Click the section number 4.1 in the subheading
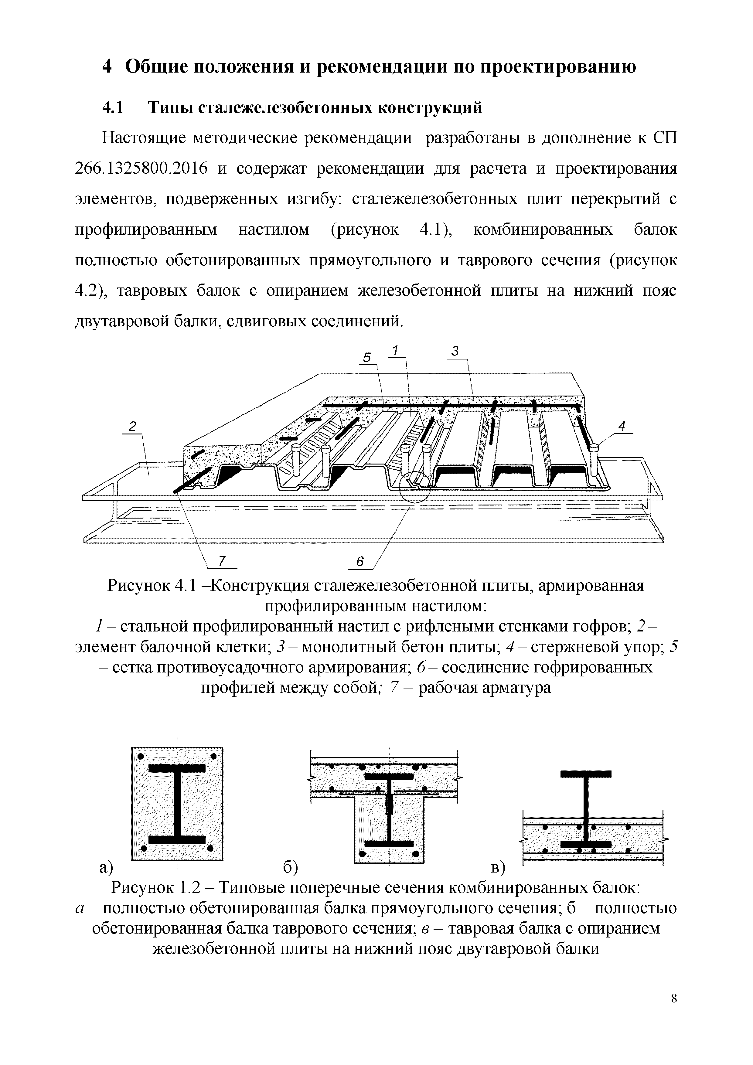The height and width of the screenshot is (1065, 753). click(113, 107)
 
